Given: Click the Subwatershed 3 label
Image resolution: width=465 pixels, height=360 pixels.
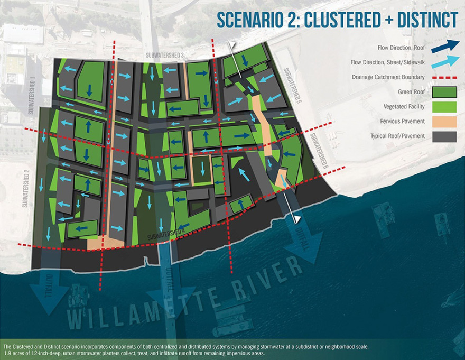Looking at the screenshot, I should click(x=166, y=56).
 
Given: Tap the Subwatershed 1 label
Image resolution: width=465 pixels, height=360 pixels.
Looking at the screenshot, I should click(x=32, y=95).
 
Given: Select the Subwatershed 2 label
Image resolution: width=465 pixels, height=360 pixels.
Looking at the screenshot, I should click(x=25, y=188).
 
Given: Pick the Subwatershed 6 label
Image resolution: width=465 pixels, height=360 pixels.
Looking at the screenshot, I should click(x=320, y=151).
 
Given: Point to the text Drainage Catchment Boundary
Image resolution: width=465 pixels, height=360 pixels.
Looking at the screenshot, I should click(x=388, y=77).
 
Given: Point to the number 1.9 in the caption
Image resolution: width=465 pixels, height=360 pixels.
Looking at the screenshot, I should click(x=9, y=353).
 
